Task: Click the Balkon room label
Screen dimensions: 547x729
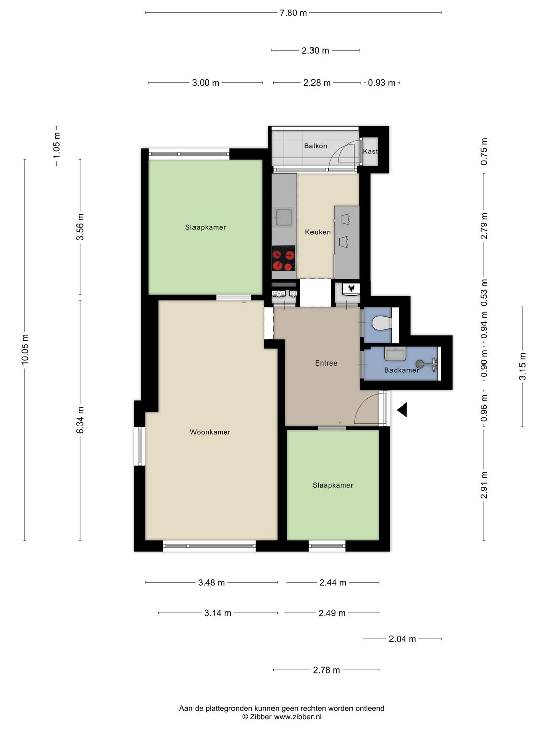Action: (316, 146)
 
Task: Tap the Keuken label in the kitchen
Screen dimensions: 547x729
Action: (318, 232)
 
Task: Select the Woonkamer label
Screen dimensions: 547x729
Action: (210, 432)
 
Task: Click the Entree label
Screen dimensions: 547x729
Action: (326, 363)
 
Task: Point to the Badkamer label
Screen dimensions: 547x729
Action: (402, 370)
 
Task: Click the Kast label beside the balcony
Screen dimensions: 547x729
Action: (370, 151)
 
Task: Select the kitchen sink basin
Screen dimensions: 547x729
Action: (284, 217)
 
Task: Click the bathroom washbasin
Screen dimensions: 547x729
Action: (395, 354)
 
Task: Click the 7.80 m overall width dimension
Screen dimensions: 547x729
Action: (293, 13)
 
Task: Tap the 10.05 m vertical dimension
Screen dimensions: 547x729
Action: (25, 350)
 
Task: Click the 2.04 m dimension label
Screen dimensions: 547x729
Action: (403, 639)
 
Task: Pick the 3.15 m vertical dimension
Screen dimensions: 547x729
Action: (522, 367)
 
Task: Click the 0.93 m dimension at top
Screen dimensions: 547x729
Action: (381, 83)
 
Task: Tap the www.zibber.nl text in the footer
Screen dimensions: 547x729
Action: (298, 717)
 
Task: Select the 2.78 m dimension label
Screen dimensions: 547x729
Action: (327, 670)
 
